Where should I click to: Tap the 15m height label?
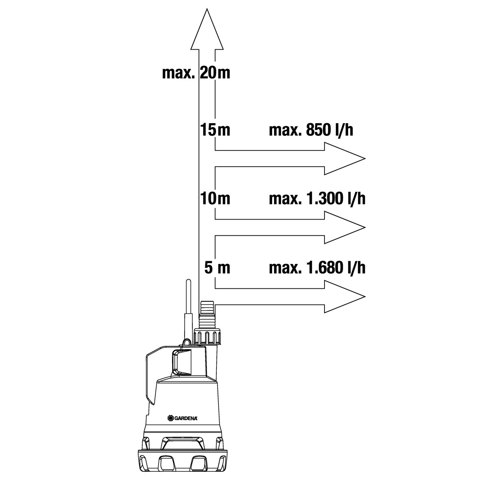[x=215, y=130]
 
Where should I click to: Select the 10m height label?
[x=215, y=198]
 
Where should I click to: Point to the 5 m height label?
[x=217, y=268]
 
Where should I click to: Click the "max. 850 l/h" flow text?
[x=311, y=130]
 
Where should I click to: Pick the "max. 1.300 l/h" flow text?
[x=317, y=198]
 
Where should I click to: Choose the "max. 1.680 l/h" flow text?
[x=317, y=268]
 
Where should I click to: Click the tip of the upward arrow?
[x=207, y=9]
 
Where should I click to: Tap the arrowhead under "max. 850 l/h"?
[x=345, y=159]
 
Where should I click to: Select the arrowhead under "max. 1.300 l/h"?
[x=345, y=227]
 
